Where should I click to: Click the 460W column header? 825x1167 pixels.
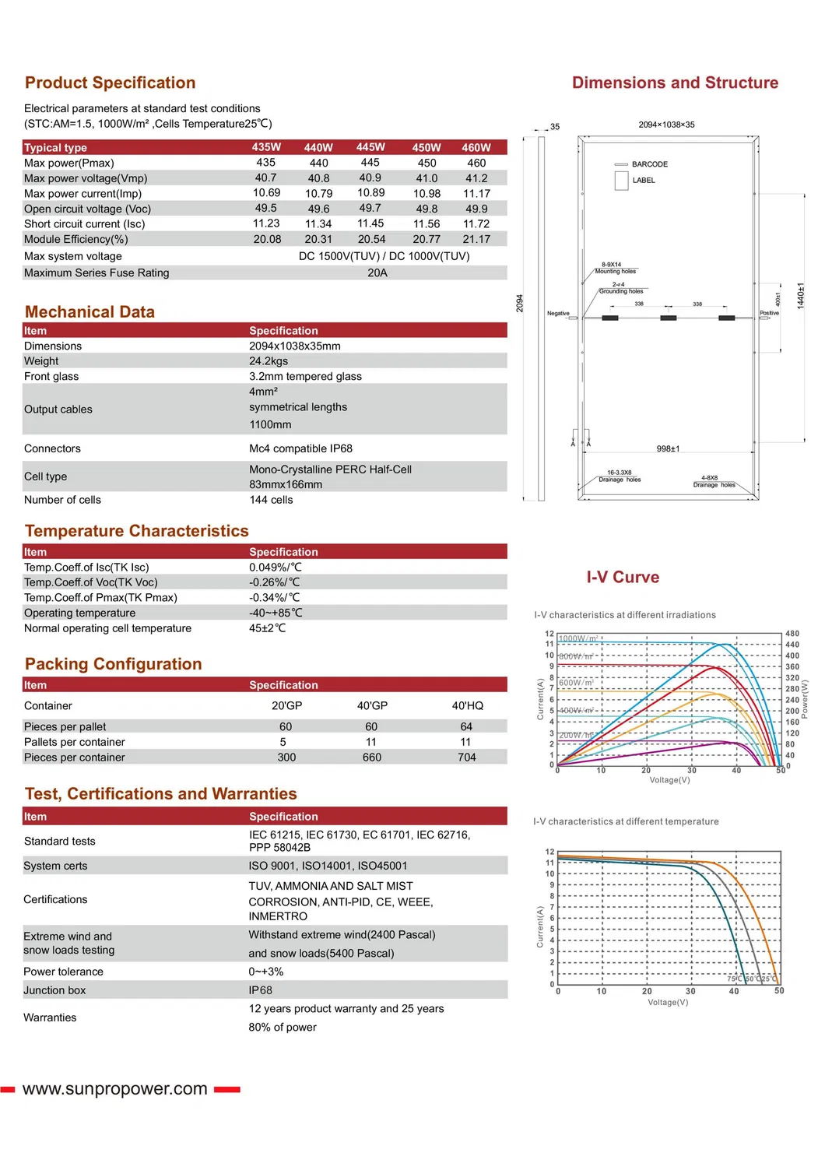tap(476, 147)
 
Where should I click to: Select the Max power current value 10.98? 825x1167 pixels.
tap(427, 193)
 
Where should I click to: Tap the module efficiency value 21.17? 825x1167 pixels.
tap(476, 239)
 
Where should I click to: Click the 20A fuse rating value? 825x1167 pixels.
tap(377, 272)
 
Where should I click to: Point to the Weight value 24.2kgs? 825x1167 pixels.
tap(269, 361)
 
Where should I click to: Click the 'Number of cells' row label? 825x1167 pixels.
tap(62, 500)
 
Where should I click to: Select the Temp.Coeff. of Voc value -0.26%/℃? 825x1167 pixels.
tap(275, 582)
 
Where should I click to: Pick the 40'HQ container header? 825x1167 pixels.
tap(467, 705)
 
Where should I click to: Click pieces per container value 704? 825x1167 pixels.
tap(466, 757)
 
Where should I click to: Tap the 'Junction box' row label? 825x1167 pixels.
tap(54, 990)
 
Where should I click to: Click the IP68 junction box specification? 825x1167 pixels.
tap(261, 990)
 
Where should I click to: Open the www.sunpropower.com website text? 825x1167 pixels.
tap(115, 1088)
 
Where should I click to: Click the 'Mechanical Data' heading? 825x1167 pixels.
tap(90, 312)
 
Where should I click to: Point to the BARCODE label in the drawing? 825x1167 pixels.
tap(649, 164)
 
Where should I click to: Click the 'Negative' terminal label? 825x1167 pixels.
tap(558, 313)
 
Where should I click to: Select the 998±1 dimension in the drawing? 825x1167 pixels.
tap(668, 448)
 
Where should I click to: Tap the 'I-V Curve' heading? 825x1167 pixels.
tap(623, 577)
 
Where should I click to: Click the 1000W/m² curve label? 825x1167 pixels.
tap(578, 638)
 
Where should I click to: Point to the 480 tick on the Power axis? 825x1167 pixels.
tap(792, 634)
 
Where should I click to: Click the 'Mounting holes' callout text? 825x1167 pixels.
tap(615, 272)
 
